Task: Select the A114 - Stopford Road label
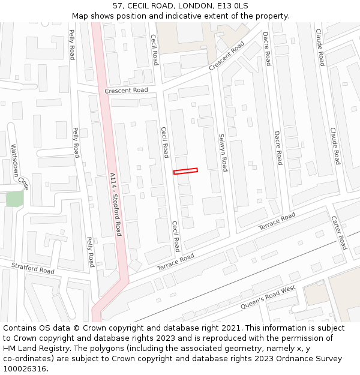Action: click(x=115, y=204)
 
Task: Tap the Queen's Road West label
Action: click(x=268, y=298)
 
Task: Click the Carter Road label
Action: click(x=339, y=233)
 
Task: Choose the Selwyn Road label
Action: click(x=223, y=152)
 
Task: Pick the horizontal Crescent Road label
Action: click(x=126, y=91)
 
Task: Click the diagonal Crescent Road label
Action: click(x=227, y=56)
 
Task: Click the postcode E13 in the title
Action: click(x=218, y=6)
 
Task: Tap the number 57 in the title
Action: click(x=118, y=6)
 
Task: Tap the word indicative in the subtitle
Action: click(x=187, y=16)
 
